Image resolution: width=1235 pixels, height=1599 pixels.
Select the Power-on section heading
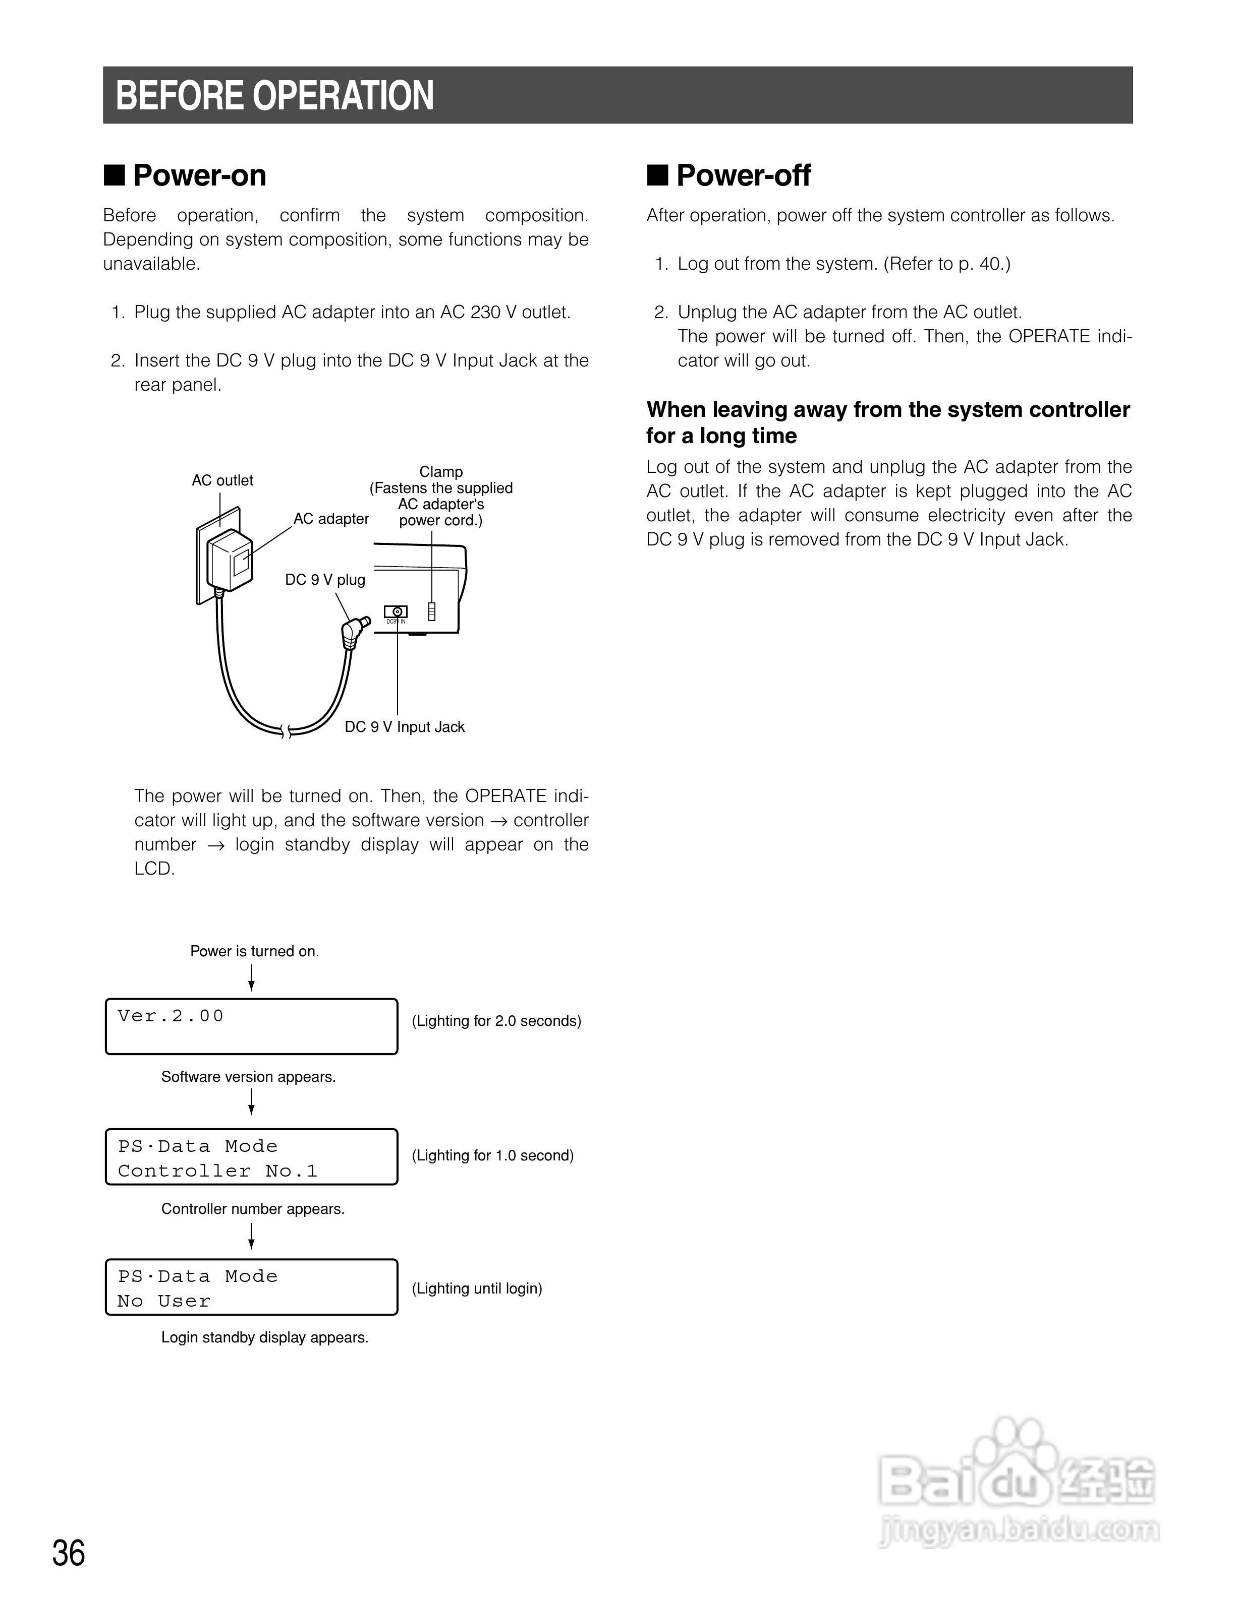(x=199, y=176)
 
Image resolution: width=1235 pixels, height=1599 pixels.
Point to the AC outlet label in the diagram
(x=222, y=480)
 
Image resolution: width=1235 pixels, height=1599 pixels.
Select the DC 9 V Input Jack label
(x=404, y=727)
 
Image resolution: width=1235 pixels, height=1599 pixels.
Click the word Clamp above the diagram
(x=441, y=471)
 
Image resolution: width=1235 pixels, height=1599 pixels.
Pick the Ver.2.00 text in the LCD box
(x=170, y=1016)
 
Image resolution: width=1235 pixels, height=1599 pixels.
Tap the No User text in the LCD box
(x=163, y=1302)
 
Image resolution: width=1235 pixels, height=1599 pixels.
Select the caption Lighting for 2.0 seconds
(x=496, y=1021)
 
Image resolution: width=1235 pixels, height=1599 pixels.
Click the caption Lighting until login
(x=477, y=1288)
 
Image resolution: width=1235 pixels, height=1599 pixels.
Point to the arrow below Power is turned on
(x=251, y=977)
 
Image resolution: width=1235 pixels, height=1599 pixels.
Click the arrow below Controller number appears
(x=251, y=1236)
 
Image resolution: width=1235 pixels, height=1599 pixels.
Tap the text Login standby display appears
(x=264, y=1338)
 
